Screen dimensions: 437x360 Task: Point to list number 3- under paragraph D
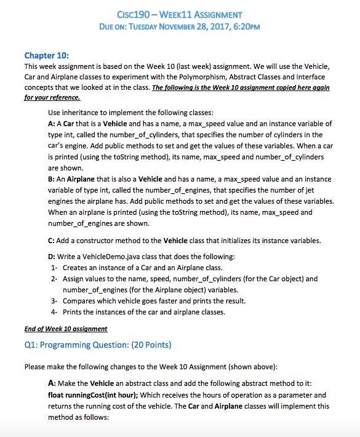click(x=53, y=300)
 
